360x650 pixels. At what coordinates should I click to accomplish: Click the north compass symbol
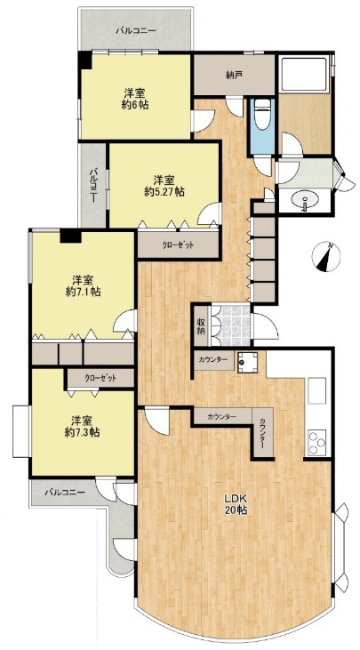pyautogui.click(x=325, y=257)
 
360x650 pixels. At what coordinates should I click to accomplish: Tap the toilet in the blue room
pyautogui.click(x=262, y=114)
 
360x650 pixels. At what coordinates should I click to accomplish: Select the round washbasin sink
pyautogui.click(x=305, y=202)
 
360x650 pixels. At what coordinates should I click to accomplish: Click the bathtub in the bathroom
pyautogui.click(x=304, y=75)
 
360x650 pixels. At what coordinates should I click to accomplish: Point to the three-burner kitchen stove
pyautogui.click(x=317, y=442)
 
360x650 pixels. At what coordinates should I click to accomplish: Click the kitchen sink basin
pyautogui.click(x=317, y=390)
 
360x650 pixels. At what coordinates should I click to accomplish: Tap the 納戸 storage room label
pyautogui.click(x=234, y=75)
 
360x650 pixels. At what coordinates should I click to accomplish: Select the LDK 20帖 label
pyautogui.click(x=236, y=504)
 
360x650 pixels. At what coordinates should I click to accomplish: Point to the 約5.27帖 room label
pyautogui.click(x=164, y=192)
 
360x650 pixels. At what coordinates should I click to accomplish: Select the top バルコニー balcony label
pyautogui.click(x=135, y=30)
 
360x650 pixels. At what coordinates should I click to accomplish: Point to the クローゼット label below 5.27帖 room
pyautogui.click(x=178, y=245)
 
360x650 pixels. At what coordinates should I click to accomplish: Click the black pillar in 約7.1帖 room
pyautogui.click(x=70, y=236)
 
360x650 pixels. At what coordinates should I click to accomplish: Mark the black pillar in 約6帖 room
pyautogui.click(x=85, y=60)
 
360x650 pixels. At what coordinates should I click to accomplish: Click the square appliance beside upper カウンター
pyautogui.click(x=247, y=363)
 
